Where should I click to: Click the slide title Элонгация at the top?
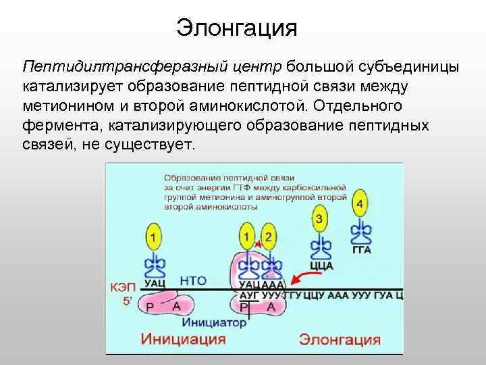point(236,28)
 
